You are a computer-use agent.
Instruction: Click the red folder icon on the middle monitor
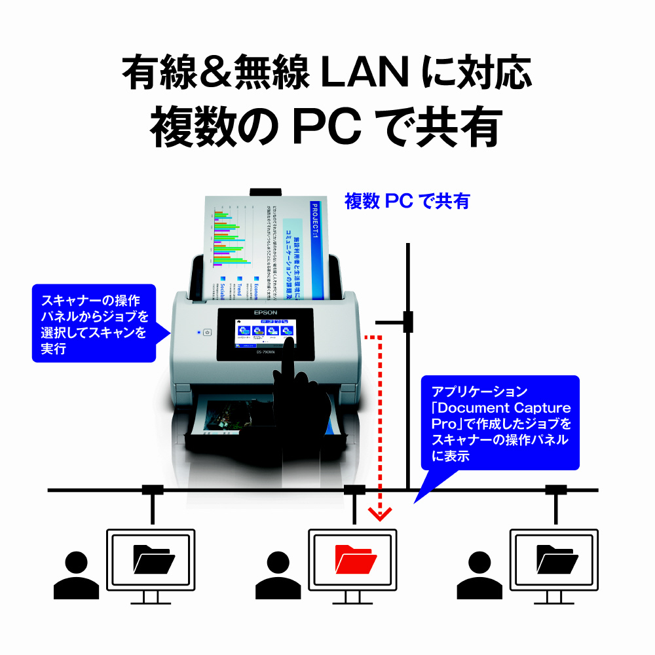pyautogui.click(x=355, y=558)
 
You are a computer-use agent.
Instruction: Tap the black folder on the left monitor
pyautogui.click(x=153, y=558)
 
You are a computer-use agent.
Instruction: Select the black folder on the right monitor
pyautogui.click(x=557, y=558)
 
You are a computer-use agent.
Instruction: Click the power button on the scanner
pyautogui.click(x=207, y=332)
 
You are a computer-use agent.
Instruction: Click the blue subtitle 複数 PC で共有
pyautogui.click(x=407, y=201)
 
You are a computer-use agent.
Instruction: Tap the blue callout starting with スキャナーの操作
pyautogui.click(x=94, y=324)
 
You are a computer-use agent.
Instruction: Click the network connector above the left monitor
pyautogui.click(x=153, y=489)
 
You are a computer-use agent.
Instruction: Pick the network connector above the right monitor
pyautogui.click(x=556, y=489)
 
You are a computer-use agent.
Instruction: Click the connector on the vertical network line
pyautogui.click(x=408, y=322)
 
